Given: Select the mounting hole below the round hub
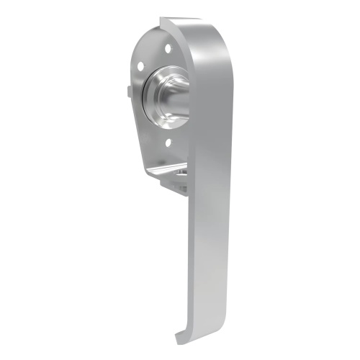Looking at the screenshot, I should coord(168,143).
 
